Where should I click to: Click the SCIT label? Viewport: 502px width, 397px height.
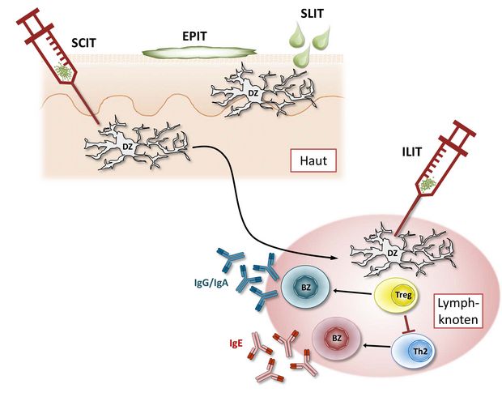click(83, 43)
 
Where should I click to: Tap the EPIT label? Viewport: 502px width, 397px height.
click(194, 36)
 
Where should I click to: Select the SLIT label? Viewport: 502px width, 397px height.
click(313, 14)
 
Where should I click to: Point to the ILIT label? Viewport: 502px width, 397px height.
click(411, 152)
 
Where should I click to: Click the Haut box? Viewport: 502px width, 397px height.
click(313, 160)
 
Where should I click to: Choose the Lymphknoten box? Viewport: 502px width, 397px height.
click(457, 311)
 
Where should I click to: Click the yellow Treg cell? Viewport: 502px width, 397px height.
click(397, 296)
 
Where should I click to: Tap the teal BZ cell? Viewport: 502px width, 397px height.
click(305, 288)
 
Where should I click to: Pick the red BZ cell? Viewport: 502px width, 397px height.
click(337, 339)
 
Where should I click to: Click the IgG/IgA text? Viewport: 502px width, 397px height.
click(211, 284)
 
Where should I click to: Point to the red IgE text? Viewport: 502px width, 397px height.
click(236, 344)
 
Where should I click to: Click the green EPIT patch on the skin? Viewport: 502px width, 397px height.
click(199, 53)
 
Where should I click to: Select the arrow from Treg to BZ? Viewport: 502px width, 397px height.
click(353, 292)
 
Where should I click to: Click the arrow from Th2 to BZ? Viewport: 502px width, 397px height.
click(376, 346)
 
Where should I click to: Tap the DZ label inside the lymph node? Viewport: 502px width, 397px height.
click(392, 253)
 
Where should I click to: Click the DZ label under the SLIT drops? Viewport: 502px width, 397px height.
click(253, 93)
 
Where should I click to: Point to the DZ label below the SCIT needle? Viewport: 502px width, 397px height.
click(127, 147)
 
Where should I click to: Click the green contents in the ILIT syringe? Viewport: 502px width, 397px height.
click(428, 184)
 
